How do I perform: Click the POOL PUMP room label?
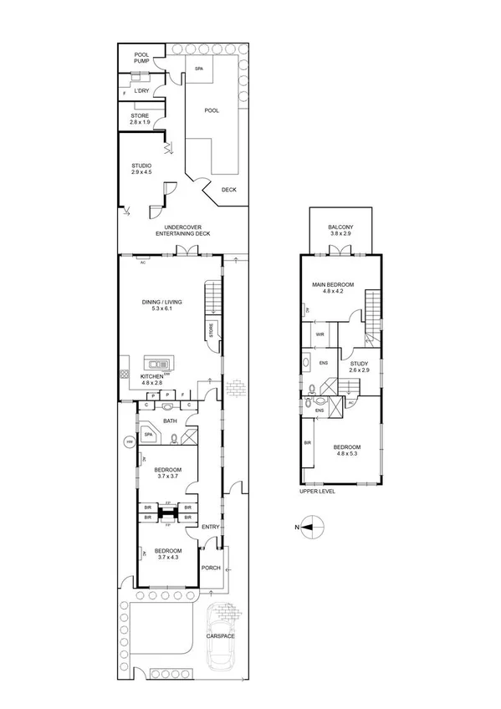click(x=141, y=59)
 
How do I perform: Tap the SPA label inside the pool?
click(x=199, y=69)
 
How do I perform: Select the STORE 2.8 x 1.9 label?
click(x=140, y=119)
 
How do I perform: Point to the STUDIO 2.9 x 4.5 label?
click(x=142, y=169)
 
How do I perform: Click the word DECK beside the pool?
click(x=228, y=190)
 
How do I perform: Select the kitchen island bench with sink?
click(x=159, y=363)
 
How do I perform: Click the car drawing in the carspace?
click(x=220, y=642)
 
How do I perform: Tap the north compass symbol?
click(x=311, y=528)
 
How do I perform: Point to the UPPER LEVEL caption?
click(x=317, y=492)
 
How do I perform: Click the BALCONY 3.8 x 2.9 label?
click(x=340, y=231)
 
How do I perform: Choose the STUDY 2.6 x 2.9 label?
click(x=360, y=366)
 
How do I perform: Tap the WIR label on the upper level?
click(x=320, y=334)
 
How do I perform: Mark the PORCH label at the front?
click(x=210, y=568)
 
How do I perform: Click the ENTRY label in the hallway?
click(x=210, y=527)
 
